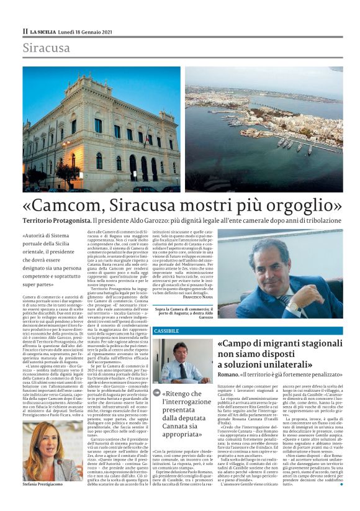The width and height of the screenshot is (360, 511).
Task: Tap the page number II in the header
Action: click(x=25, y=30)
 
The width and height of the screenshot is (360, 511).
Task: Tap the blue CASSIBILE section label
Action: click(x=166, y=330)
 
